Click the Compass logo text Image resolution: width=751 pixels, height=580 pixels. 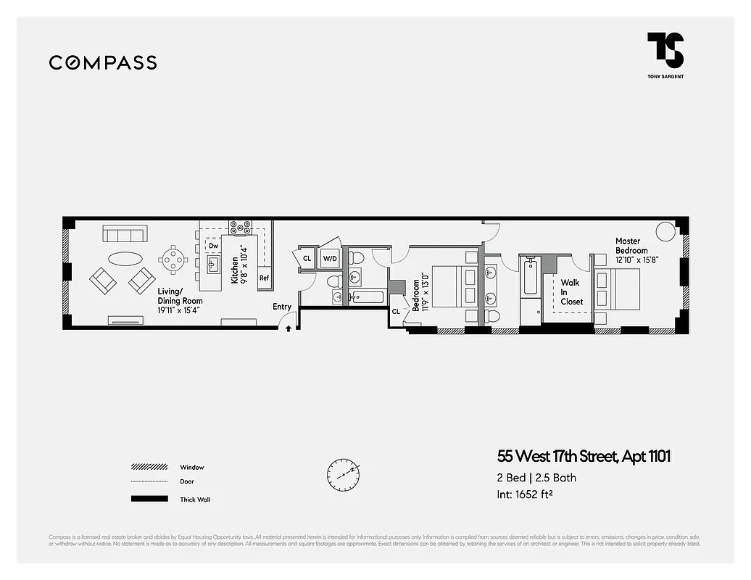pos(103,63)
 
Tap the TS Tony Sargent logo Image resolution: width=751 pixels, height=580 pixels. pos(665,53)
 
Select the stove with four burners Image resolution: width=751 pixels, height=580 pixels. pos(240,227)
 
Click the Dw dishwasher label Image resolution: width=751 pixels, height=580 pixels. pos(213,246)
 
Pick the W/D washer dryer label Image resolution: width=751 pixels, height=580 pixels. pos(330,258)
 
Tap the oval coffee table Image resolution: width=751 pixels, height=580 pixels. pos(125,258)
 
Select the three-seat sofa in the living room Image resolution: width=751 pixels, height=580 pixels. pos(125,233)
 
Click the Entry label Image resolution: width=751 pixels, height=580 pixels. pos(282,307)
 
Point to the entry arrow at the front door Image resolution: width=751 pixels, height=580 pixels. pos(289,328)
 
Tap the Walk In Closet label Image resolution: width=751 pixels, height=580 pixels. pos(570,292)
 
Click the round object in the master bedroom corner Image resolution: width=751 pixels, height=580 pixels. pos(665,231)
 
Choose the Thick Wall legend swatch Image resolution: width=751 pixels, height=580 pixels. pos(149,499)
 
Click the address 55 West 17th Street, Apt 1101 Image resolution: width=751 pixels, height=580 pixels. pos(584,457)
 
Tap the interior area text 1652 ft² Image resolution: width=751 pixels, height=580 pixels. pos(526,495)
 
